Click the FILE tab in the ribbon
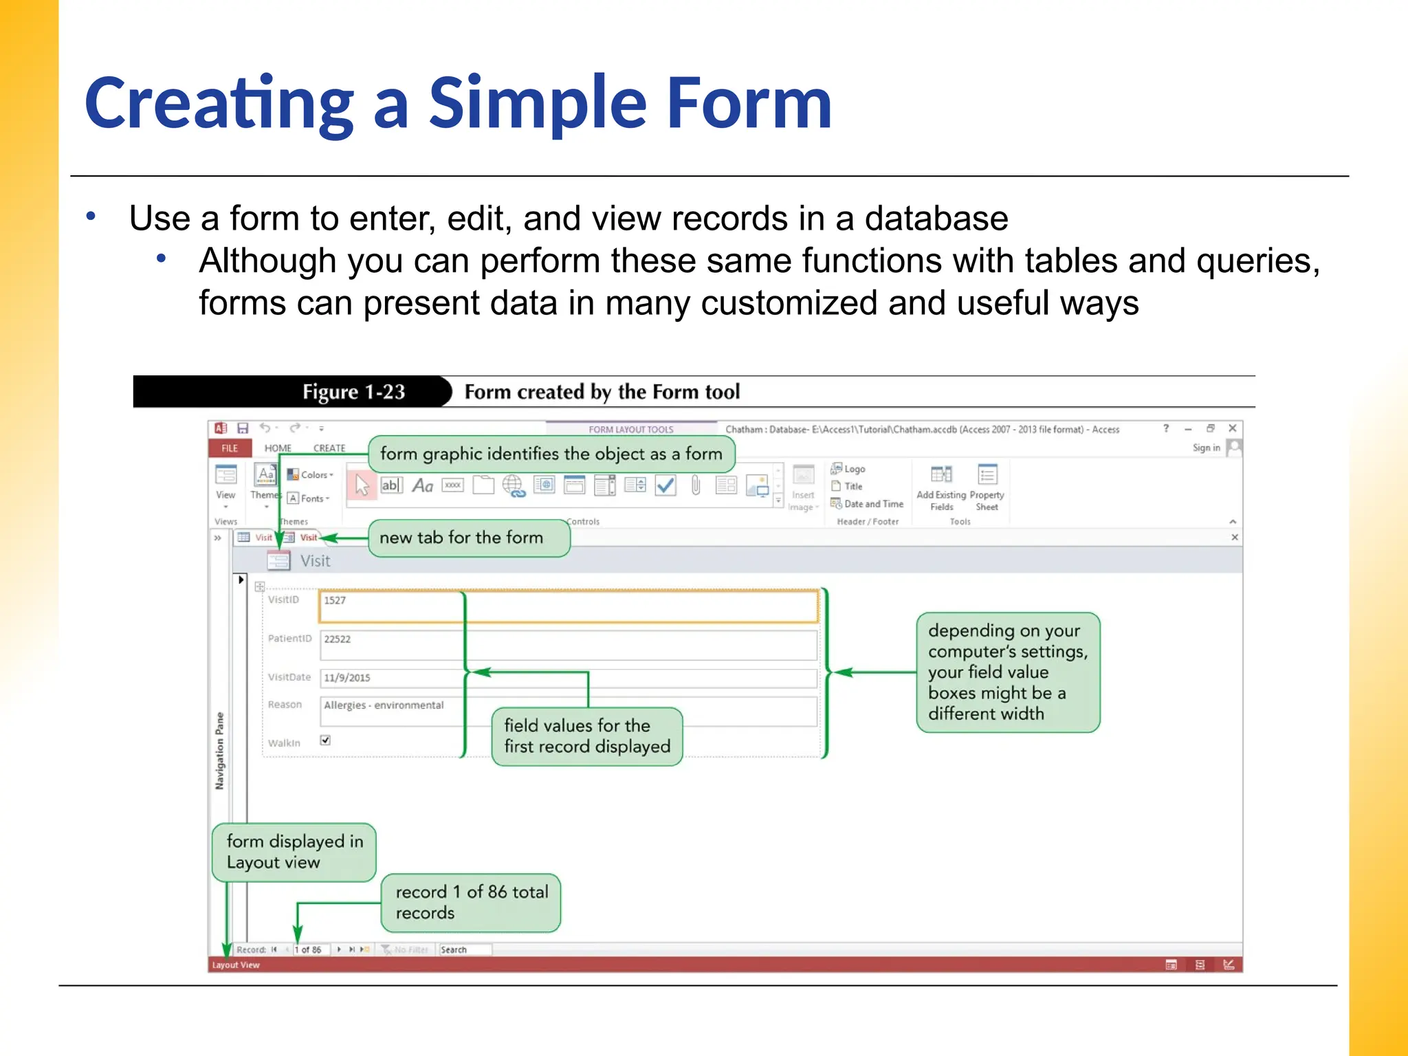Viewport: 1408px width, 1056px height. click(x=229, y=448)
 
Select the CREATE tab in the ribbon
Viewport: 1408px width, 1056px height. click(x=329, y=448)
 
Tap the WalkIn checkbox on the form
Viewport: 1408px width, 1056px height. click(x=325, y=740)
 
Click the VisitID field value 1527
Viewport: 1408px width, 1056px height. click(x=335, y=601)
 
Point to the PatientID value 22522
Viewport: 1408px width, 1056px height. click(x=338, y=639)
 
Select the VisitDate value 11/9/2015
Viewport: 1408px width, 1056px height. click(x=347, y=678)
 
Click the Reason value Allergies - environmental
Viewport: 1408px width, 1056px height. click(x=384, y=705)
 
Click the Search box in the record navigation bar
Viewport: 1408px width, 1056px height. click(x=465, y=949)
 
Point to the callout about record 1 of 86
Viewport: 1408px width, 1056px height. click(x=471, y=903)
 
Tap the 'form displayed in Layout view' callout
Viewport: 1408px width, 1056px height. click(x=294, y=852)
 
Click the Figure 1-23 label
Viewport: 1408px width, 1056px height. click(x=353, y=392)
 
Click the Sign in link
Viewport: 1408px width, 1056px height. click(x=1206, y=448)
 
